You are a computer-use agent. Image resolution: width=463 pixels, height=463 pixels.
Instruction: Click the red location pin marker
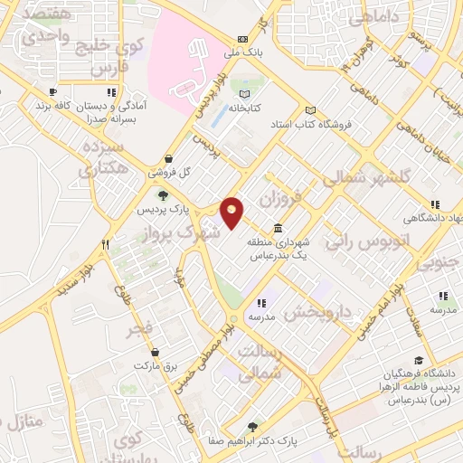[x=232, y=212]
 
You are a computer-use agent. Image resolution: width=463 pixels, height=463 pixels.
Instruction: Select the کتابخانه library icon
[x=242, y=93]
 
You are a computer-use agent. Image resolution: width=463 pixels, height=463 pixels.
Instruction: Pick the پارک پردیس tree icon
[x=163, y=194]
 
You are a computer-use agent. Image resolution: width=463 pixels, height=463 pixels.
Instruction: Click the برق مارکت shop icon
[x=156, y=352]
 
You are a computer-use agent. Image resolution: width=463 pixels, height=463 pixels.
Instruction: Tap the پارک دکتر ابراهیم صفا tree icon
[x=253, y=427]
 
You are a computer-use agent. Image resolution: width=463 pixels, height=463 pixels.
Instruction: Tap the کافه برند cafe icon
[x=52, y=92]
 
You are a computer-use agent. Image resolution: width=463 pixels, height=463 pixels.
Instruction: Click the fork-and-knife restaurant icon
[x=106, y=243]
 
